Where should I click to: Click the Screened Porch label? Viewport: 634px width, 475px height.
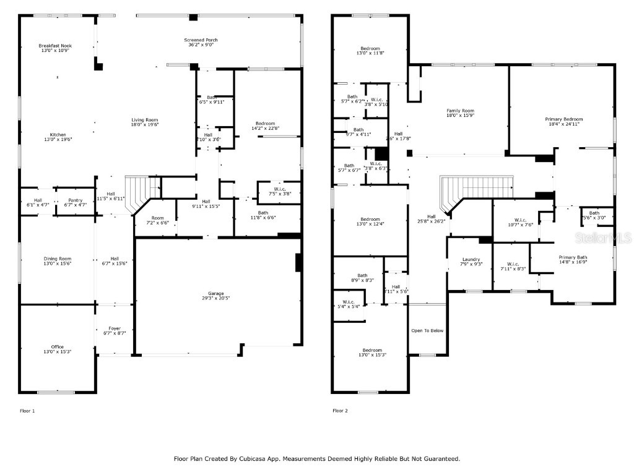[202, 40]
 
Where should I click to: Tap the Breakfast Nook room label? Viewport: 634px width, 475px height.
[54, 46]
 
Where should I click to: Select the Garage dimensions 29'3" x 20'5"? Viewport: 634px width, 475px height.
[215, 298]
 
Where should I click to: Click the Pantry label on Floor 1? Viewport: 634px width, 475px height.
[75, 200]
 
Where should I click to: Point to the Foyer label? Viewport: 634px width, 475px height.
[115, 328]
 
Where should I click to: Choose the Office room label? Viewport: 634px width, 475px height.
[57, 346]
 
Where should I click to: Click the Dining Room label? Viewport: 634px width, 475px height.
[57, 259]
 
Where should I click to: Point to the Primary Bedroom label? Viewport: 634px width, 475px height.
[563, 119]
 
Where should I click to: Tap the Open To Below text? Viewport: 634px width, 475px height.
[427, 331]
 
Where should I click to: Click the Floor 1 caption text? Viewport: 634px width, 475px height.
[28, 411]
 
